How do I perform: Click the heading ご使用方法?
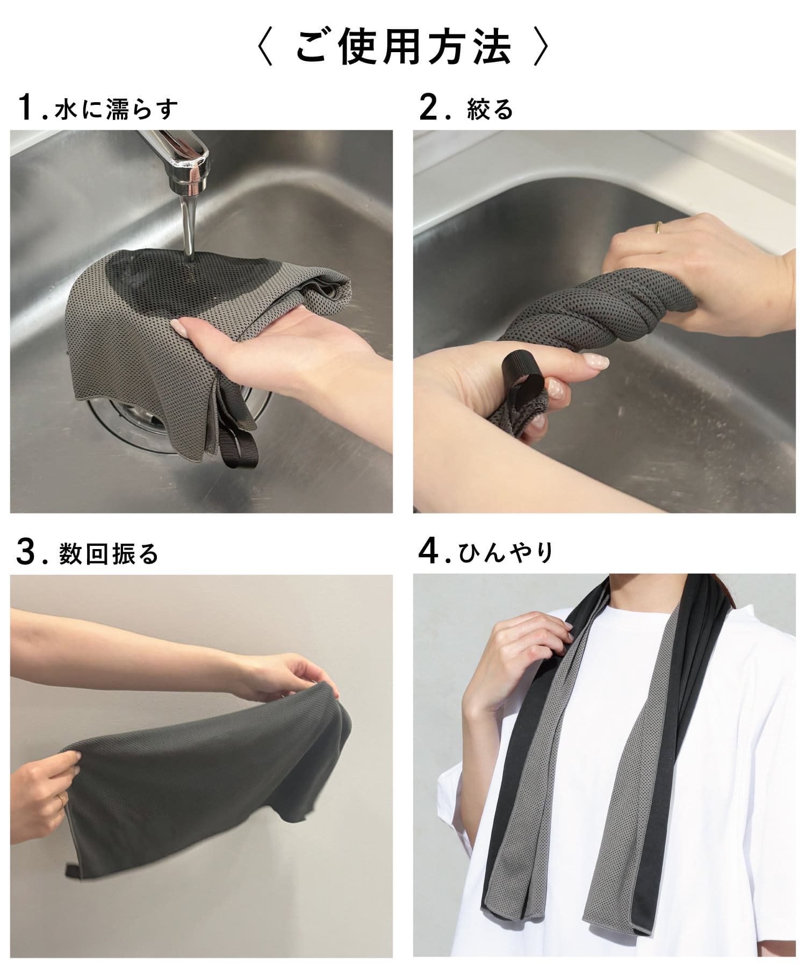click(403, 49)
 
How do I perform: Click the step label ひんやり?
click(506, 553)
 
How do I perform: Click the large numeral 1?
click(27, 108)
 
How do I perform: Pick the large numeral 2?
click(430, 108)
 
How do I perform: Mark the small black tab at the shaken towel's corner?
click(72, 856)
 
